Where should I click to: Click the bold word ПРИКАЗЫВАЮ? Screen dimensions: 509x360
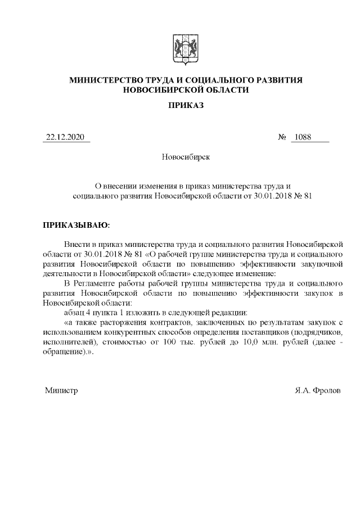point(76,225)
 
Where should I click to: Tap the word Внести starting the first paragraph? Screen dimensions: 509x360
point(77,245)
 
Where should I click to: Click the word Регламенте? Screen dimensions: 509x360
point(96,283)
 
